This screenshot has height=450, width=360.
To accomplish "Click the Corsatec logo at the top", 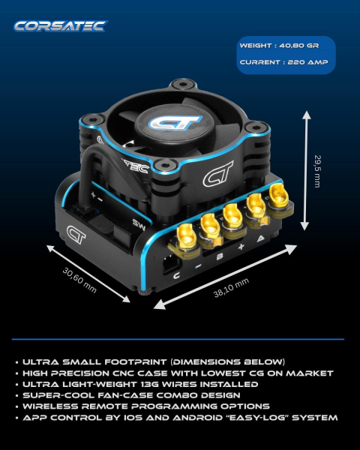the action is (61, 26).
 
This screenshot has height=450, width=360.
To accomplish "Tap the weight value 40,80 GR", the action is (298, 46).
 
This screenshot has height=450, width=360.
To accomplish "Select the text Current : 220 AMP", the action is (283, 62).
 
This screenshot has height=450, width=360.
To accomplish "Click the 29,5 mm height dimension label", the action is (317, 171).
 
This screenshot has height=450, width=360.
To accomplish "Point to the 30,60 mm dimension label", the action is (79, 280).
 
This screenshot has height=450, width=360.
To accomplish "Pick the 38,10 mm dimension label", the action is (231, 288).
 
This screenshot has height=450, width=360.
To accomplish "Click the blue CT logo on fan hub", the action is (175, 122).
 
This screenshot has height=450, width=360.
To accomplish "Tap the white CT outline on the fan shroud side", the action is (218, 174).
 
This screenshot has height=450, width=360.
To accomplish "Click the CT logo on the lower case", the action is (76, 234).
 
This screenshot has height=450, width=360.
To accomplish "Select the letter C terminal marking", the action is (176, 276).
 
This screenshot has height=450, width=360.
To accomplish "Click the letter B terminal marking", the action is (220, 256).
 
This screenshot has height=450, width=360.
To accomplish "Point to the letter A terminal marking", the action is (260, 238).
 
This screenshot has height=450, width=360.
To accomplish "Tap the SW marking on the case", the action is (139, 225).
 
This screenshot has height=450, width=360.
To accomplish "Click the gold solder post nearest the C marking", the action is (187, 237).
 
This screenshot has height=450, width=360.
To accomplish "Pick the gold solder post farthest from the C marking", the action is (279, 196).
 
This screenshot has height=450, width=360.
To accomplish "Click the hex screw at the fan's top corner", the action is (183, 84).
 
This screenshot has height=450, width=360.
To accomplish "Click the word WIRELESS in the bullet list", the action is (50, 406).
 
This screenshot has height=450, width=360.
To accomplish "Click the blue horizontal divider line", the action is (178, 339).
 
